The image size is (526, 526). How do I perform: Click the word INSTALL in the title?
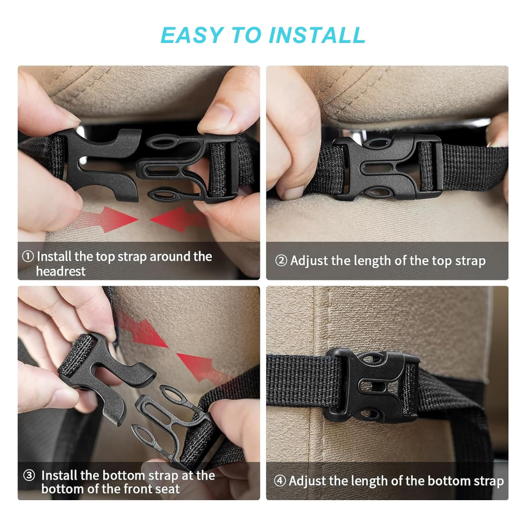coord(316,35)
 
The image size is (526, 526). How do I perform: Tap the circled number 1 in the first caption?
coord(28,256)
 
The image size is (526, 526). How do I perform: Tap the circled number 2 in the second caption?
coord(281,261)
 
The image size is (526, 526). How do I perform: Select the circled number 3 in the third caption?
coord(29,476)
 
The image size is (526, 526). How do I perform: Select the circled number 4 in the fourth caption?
coord(280,481)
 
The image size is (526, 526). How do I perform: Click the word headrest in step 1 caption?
coord(60,271)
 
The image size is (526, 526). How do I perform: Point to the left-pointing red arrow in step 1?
coord(178,218)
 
